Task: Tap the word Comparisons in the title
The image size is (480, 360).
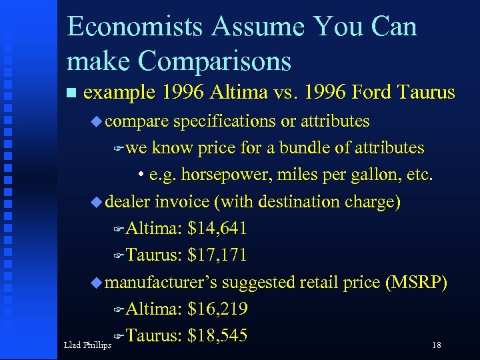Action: pyautogui.click(x=214, y=61)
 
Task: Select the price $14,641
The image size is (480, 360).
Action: pyautogui.click(x=218, y=229)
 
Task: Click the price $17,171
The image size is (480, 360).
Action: pyautogui.click(x=218, y=255)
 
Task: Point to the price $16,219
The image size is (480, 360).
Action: pyautogui.click(x=218, y=309)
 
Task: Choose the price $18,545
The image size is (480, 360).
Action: pyautogui.click(x=218, y=335)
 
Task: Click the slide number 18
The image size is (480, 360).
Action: pyautogui.click(x=437, y=345)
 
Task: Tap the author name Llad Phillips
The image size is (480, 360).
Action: pyautogui.click(x=87, y=345)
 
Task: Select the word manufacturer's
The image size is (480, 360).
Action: pyautogui.click(x=161, y=282)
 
